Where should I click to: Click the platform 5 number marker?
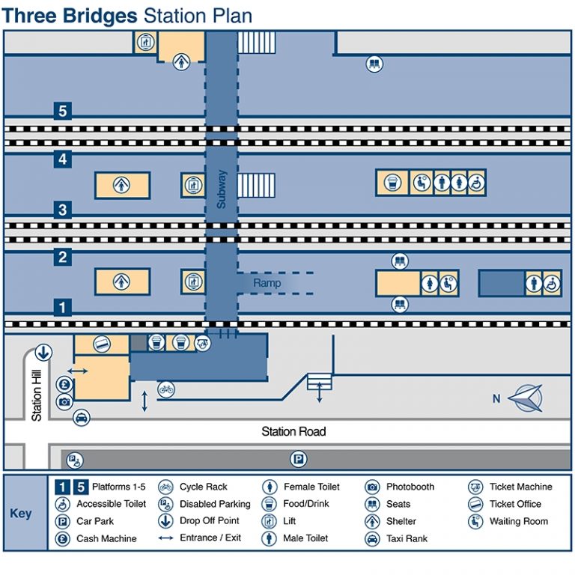coord(63,112)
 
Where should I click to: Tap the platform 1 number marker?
coord(63,306)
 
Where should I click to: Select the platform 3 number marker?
coord(63,210)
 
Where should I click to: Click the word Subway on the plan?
coord(221,189)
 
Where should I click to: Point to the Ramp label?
coord(267,283)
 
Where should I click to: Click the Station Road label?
coord(293,431)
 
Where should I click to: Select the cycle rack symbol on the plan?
coord(165,389)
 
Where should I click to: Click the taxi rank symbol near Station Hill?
coord(81,417)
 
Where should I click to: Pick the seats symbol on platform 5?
coord(374,64)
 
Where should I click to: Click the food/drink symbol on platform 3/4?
coord(392,182)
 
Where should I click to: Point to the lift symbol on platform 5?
coord(144,43)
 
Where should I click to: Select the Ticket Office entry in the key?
coord(515,504)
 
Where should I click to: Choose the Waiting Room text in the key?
coord(518,521)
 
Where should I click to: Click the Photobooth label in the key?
coord(410,487)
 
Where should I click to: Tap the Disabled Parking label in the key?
coord(214,504)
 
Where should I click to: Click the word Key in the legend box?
coord(21,514)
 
